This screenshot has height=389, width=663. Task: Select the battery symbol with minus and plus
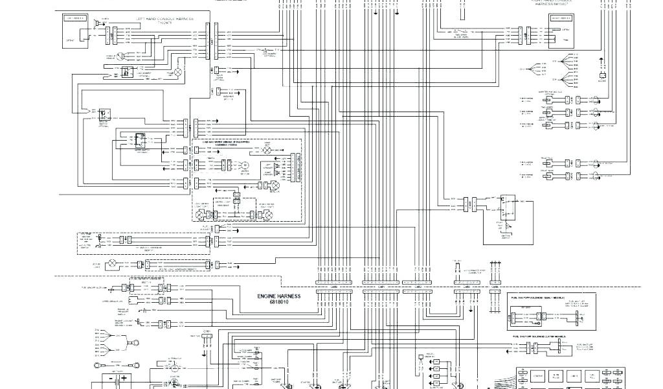[x=116, y=377]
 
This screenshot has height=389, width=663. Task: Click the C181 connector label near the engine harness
[x=207, y=331]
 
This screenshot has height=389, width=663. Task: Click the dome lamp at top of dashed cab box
[x=265, y=149]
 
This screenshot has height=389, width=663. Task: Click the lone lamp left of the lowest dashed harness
[x=111, y=264]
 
